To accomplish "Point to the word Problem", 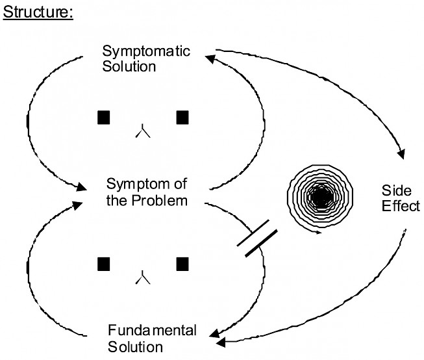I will point(162,200).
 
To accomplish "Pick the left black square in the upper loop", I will point(103,117).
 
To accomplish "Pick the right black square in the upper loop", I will point(183,117).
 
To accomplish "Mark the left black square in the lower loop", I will point(103,264).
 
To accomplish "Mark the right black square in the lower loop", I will point(183,264).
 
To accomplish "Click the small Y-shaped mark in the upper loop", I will point(143,132).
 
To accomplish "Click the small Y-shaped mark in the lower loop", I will point(143,279).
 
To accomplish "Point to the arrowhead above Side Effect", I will point(400,153).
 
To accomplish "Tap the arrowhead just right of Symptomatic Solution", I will point(210,59).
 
